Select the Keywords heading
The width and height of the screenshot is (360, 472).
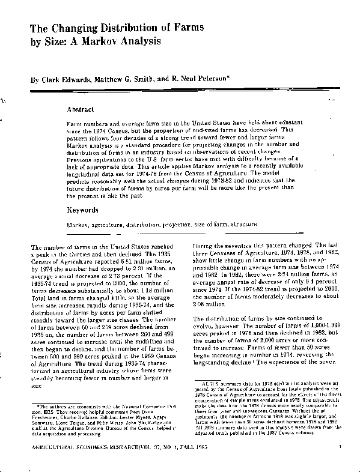click(82, 211)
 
